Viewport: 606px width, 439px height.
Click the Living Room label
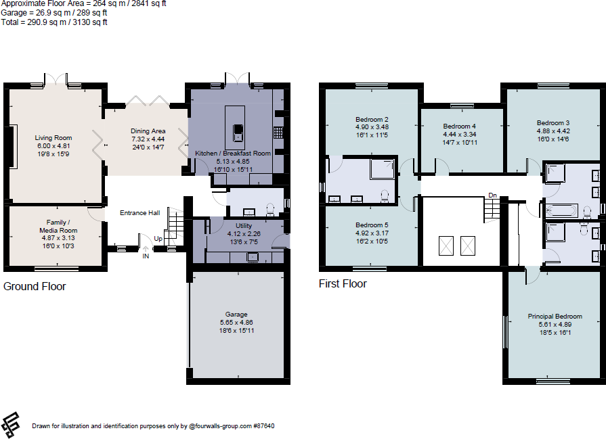53,138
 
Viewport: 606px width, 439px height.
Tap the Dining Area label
148,131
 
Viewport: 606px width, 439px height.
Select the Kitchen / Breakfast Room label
233,154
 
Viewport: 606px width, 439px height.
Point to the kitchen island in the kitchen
238,127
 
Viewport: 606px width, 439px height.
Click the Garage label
236,315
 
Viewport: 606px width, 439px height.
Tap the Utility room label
244,225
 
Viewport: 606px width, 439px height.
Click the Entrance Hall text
139,213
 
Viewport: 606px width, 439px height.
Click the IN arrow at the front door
146,250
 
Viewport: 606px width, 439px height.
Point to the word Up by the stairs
158,239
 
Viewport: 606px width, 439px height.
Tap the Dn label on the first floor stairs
492,195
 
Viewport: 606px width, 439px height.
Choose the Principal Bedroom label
555,316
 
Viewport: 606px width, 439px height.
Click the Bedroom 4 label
459,126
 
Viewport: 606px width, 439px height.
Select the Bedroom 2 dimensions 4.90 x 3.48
372,126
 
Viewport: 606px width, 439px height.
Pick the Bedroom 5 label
372,225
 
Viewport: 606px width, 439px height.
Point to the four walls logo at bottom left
12,423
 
